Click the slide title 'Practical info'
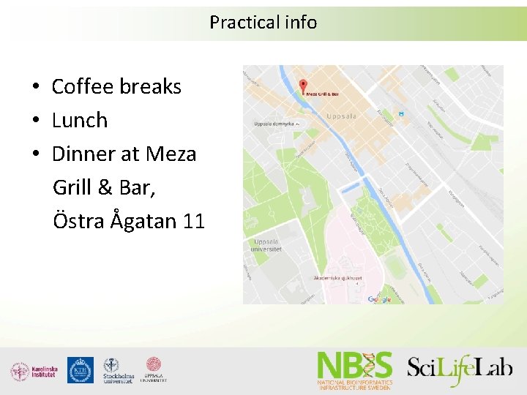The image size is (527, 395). pyautogui.click(x=263, y=23)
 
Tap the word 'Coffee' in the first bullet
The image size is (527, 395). pyautogui.click(x=81, y=86)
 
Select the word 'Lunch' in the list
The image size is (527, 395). pyautogui.click(x=80, y=120)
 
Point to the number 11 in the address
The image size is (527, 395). pyautogui.click(x=194, y=220)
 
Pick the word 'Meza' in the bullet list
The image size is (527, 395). pyautogui.click(x=171, y=154)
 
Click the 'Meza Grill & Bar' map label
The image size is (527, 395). pyautogui.click(x=323, y=94)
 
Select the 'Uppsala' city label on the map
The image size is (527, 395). pyautogui.click(x=341, y=116)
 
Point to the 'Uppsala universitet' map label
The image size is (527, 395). pyautogui.click(x=267, y=245)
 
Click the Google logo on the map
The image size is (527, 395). pyautogui.click(x=379, y=299)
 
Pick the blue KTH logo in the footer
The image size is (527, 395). pyautogui.click(x=80, y=370)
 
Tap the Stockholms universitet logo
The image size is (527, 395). pyautogui.click(x=118, y=371)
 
